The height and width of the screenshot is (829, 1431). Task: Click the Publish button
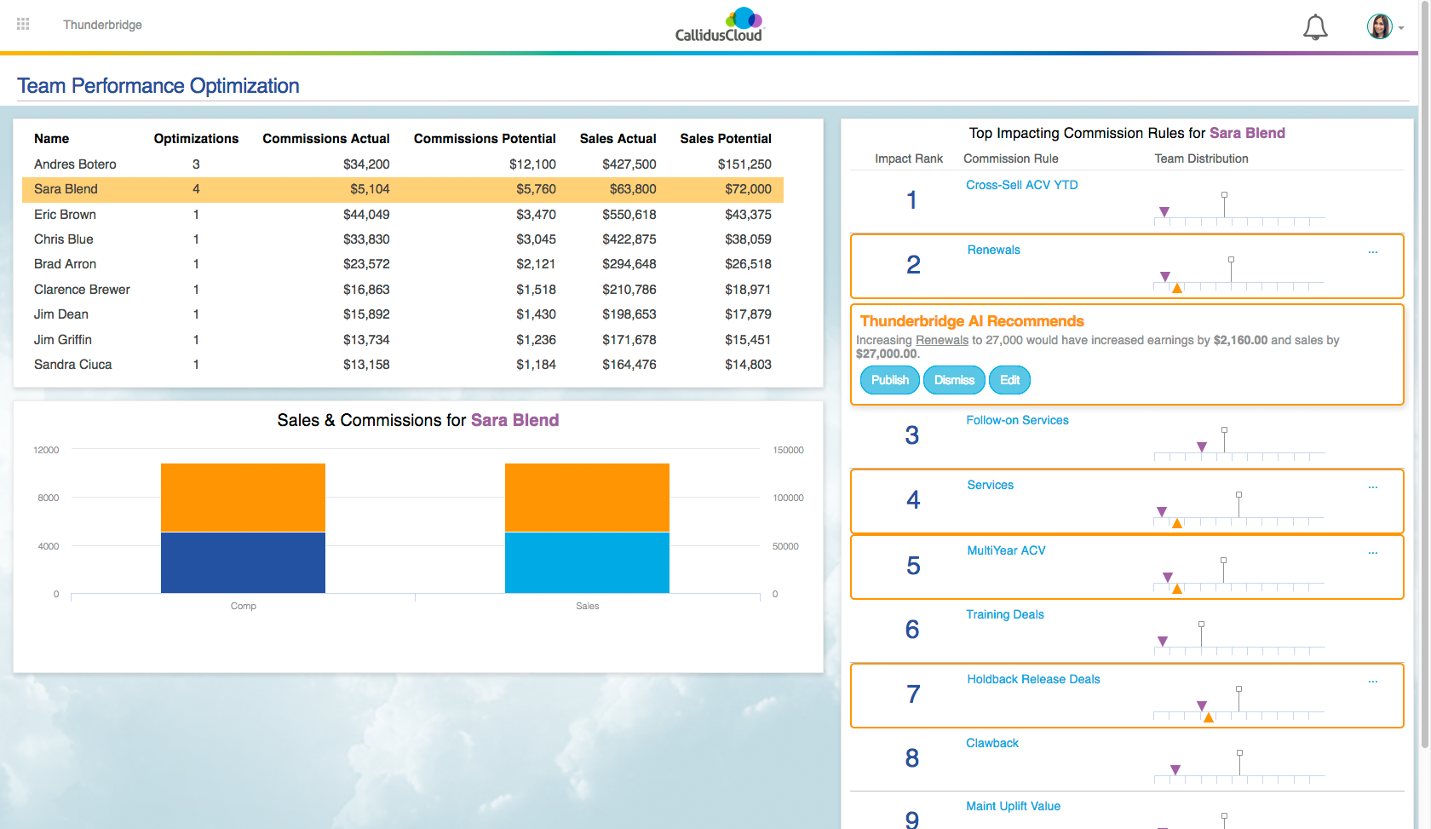(x=889, y=380)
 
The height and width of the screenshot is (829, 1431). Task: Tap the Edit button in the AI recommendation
(x=1009, y=380)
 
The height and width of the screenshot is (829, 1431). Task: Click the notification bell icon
(x=1315, y=27)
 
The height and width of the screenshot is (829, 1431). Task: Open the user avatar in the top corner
(x=1379, y=26)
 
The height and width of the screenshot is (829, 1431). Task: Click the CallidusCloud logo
(x=720, y=26)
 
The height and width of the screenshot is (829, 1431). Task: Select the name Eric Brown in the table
(x=65, y=215)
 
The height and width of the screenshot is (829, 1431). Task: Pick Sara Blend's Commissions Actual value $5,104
(x=370, y=189)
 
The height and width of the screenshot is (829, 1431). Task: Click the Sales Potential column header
(x=725, y=139)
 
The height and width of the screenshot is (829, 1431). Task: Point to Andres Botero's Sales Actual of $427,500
(x=629, y=164)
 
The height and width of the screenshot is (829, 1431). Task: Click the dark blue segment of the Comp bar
(x=243, y=562)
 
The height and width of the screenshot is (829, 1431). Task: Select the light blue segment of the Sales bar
(x=587, y=562)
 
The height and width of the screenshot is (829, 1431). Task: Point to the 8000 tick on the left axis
(x=49, y=498)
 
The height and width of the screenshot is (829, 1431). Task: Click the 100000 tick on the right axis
(x=788, y=498)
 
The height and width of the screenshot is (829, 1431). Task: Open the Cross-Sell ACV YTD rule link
(x=1021, y=185)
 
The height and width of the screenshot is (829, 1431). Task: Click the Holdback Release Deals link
(x=1033, y=679)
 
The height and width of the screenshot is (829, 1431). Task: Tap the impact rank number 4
(x=913, y=499)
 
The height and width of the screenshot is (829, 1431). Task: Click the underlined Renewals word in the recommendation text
(x=941, y=340)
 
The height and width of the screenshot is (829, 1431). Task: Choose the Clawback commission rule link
(x=991, y=743)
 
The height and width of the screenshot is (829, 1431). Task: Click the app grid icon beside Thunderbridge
(x=23, y=24)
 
